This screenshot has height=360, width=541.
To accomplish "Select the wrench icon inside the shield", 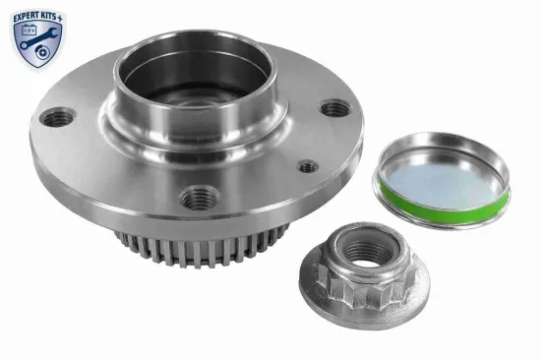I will pyautogui.click(x=42, y=42).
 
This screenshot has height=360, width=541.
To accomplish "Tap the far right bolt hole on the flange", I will pyautogui.click(x=335, y=108).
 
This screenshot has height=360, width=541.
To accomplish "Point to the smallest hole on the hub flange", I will pyautogui.click(x=308, y=166).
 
